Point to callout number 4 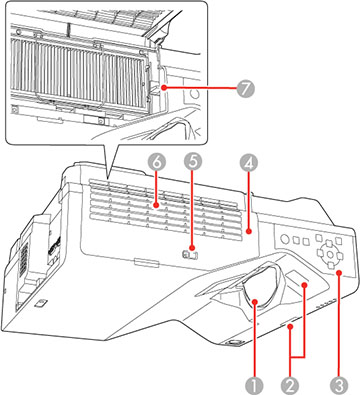click(250, 161)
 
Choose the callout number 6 click(156, 160)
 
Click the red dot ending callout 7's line click(159, 87)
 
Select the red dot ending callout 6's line click(156, 206)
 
